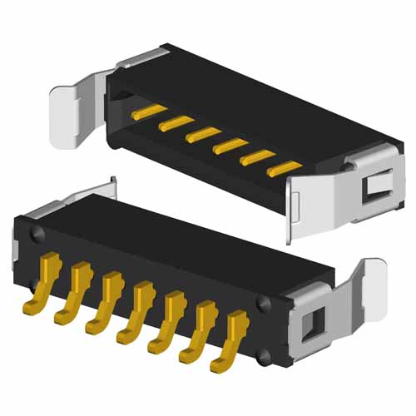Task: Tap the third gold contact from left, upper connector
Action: coord(201,134)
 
